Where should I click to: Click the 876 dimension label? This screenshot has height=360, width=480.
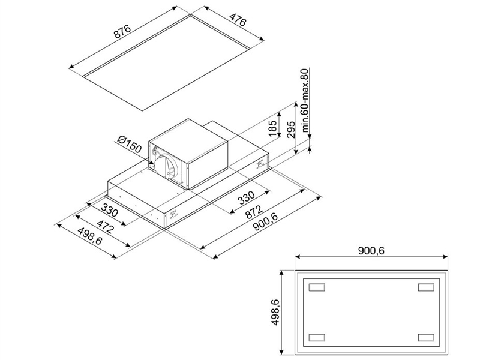coord(122,31)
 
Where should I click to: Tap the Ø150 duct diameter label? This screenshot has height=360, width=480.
coord(130,145)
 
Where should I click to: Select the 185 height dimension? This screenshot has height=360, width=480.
coord(272,128)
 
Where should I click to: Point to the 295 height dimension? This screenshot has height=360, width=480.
coord(291,130)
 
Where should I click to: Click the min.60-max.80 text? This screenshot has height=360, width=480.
coord(305,100)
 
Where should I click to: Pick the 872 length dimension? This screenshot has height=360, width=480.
coord(254,212)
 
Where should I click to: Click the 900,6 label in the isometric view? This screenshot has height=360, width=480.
coord(265,223)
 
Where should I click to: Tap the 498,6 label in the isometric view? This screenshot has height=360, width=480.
coord(89,236)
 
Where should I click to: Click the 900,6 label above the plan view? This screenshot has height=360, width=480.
coord(371,251)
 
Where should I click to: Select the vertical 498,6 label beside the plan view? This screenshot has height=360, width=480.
coord(275,312)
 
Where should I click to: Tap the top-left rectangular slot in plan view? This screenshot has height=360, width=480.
coord(317,287)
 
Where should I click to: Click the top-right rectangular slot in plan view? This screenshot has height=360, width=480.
coord(426,287)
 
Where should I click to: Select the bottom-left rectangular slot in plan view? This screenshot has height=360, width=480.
coord(317,337)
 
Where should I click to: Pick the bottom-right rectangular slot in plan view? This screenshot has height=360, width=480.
coord(426,337)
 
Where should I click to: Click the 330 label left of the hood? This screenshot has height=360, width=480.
coord(109,211)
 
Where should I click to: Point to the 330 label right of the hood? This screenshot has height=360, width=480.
coord(246,197)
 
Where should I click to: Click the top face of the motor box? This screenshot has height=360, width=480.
coord(188,131)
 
